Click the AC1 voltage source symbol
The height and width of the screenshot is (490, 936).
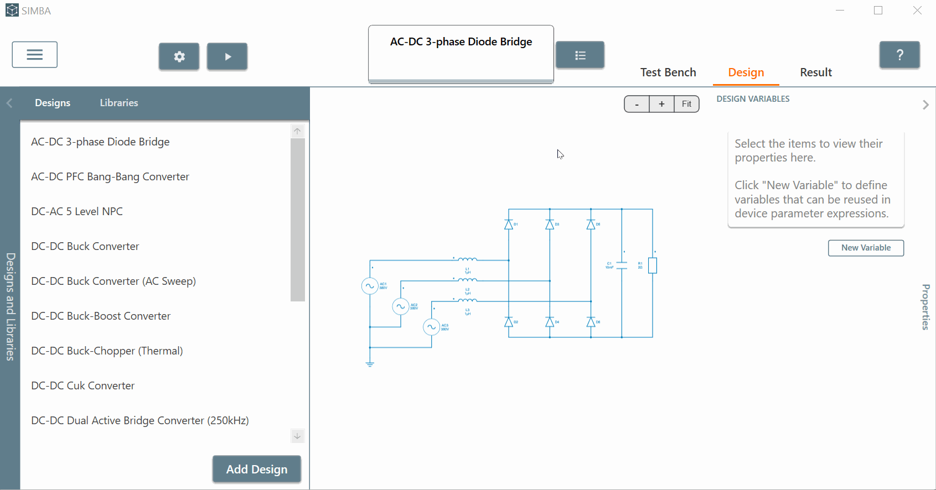click(370, 286)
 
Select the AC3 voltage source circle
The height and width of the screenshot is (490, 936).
click(431, 327)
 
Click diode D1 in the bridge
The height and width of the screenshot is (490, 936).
click(509, 225)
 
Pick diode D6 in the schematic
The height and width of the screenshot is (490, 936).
click(591, 322)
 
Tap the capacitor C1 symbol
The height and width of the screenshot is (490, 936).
click(622, 265)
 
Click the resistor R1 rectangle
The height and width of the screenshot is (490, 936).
click(653, 265)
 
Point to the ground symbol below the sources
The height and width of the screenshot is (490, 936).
click(370, 363)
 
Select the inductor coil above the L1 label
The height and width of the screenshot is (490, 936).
click(468, 259)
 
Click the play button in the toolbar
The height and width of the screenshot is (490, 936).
click(227, 56)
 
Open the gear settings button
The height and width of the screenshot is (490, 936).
click(179, 56)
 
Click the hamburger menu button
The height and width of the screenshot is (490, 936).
click(35, 55)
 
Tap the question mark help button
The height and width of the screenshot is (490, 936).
click(899, 55)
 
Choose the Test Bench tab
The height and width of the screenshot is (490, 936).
click(668, 72)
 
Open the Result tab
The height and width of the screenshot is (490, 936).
click(816, 72)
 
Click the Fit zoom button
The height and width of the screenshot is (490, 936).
click(686, 104)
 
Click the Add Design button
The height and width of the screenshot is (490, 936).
click(257, 469)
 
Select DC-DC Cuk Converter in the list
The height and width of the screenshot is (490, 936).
click(83, 385)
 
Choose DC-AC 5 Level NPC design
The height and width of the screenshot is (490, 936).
click(77, 211)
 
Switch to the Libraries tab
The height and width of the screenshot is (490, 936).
click(119, 103)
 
